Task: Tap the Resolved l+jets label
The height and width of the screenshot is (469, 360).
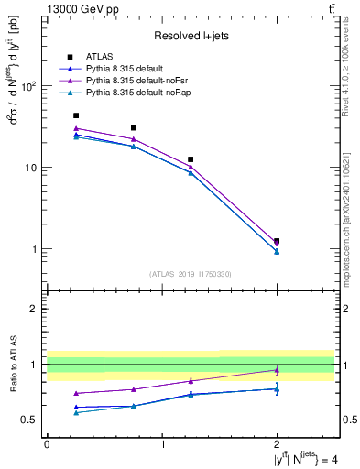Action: [x=190, y=36]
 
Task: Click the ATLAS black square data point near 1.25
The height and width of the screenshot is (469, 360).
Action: [x=191, y=159]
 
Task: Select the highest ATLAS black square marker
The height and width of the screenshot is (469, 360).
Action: [x=76, y=115]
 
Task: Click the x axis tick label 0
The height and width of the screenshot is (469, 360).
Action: [x=47, y=443]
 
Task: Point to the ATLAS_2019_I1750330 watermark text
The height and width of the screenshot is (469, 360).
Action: [x=190, y=273]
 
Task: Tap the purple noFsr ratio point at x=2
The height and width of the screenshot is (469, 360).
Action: [x=277, y=370]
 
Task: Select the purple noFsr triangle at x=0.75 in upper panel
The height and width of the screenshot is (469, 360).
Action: [x=134, y=139]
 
